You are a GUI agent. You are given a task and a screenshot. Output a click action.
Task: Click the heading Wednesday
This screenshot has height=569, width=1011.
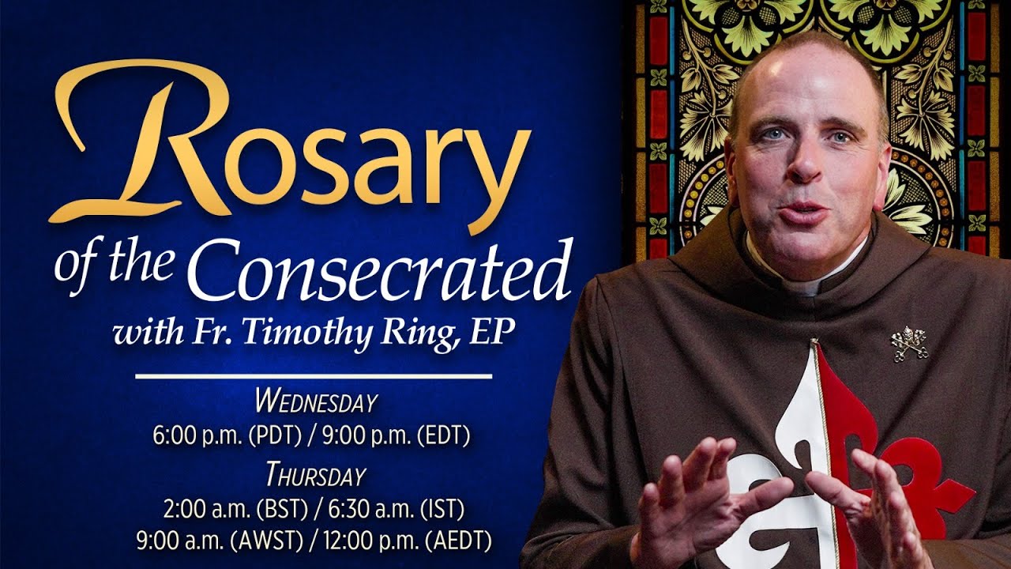coord(315,402)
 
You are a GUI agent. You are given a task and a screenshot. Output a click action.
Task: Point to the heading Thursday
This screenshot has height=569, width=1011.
coord(315,476)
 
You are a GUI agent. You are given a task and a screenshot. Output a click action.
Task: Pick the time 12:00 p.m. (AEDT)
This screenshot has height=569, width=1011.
coord(408,541)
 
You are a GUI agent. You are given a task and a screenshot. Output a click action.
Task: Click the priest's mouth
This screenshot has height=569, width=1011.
coord(804,212)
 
